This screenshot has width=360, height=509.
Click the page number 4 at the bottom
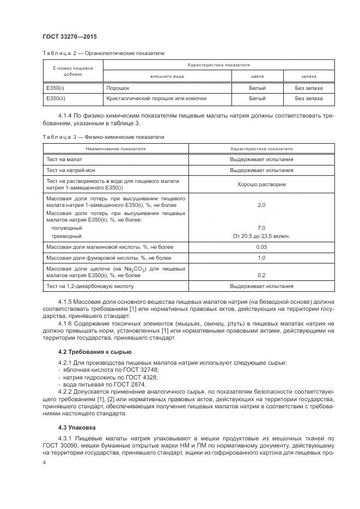(x=45, y=462)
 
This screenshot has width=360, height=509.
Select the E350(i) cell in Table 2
(x=54, y=88)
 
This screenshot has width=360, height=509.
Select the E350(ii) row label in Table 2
(x=55, y=99)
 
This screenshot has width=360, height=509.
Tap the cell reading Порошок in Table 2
(x=117, y=88)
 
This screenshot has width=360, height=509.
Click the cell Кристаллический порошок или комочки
(x=156, y=99)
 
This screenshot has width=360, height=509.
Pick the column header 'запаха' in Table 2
(x=308, y=77)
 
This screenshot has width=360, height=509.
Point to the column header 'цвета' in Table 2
(x=257, y=77)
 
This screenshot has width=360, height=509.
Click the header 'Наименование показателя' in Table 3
(x=115, y=148)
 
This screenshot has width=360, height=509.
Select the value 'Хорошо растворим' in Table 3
(x=261, y=185)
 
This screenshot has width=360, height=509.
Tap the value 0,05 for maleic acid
(x=261, y=247)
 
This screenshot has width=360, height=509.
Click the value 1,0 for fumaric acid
(x=261, y=257)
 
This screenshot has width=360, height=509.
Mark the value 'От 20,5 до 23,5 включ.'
(x=261, y=236)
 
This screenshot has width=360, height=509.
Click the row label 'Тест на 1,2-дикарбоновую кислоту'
(x=90, y=286)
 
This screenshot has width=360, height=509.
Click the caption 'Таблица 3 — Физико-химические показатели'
(x=103, y=137)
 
